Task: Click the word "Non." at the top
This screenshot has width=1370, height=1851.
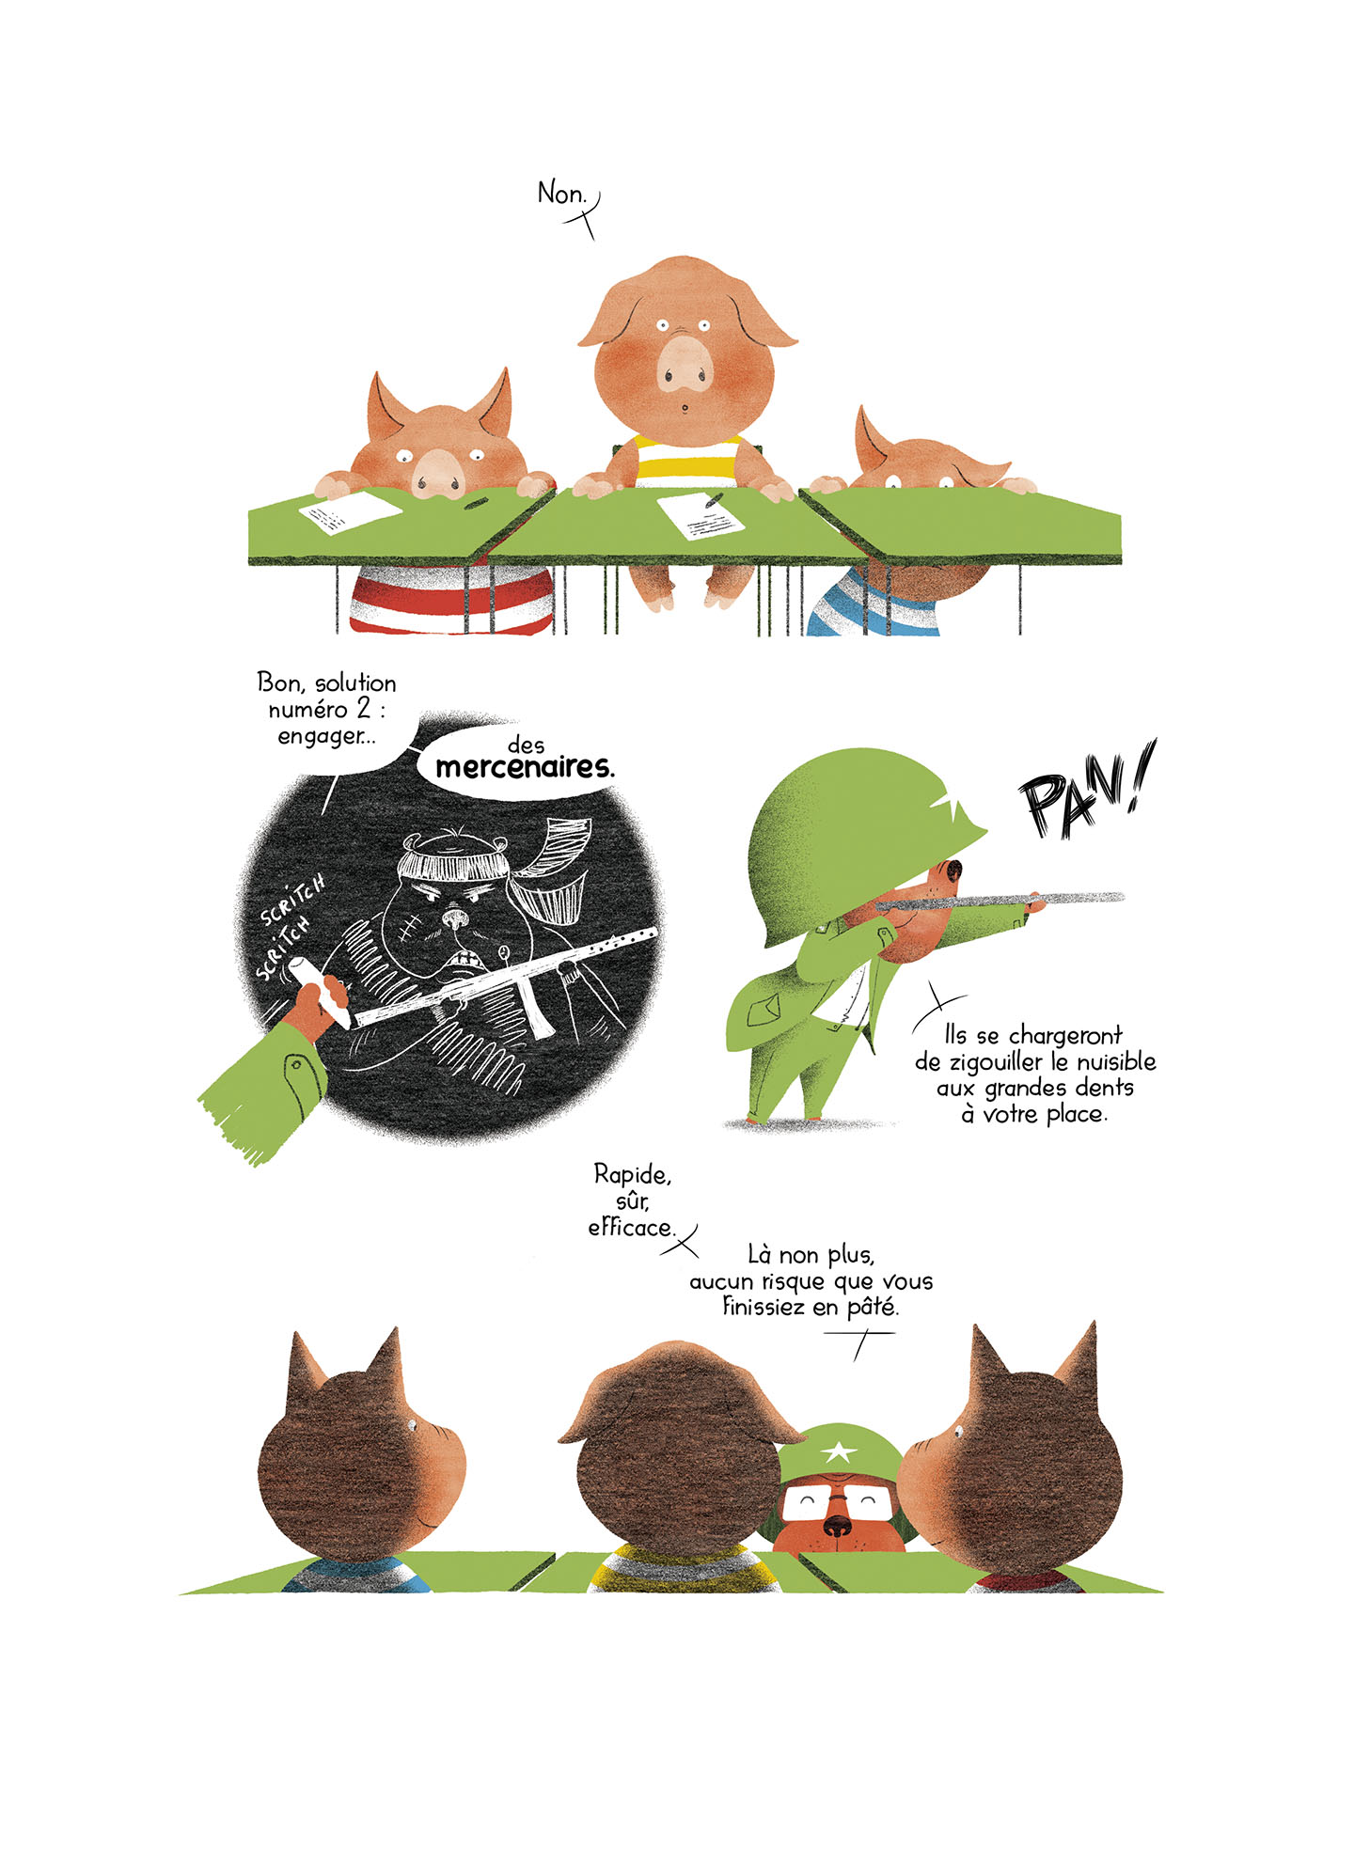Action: click(x=561, y=194)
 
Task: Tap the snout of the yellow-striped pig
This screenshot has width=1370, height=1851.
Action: click(x=685, y=364)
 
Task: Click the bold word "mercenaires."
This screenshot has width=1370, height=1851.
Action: click(x=525, y=768)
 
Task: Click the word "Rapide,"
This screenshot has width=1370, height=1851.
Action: click(x=632, y=1175)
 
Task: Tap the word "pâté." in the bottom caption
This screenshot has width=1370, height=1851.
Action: click(x=873, y=1307)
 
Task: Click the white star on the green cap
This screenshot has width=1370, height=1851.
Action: click(x=836, y=1453)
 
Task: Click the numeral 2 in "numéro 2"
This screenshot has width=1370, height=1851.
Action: click(x=363, y=710)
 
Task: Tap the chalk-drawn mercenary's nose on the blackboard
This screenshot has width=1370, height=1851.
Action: click(x=454, y=917)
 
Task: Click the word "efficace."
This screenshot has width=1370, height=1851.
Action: click(x=632, y=1227)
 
